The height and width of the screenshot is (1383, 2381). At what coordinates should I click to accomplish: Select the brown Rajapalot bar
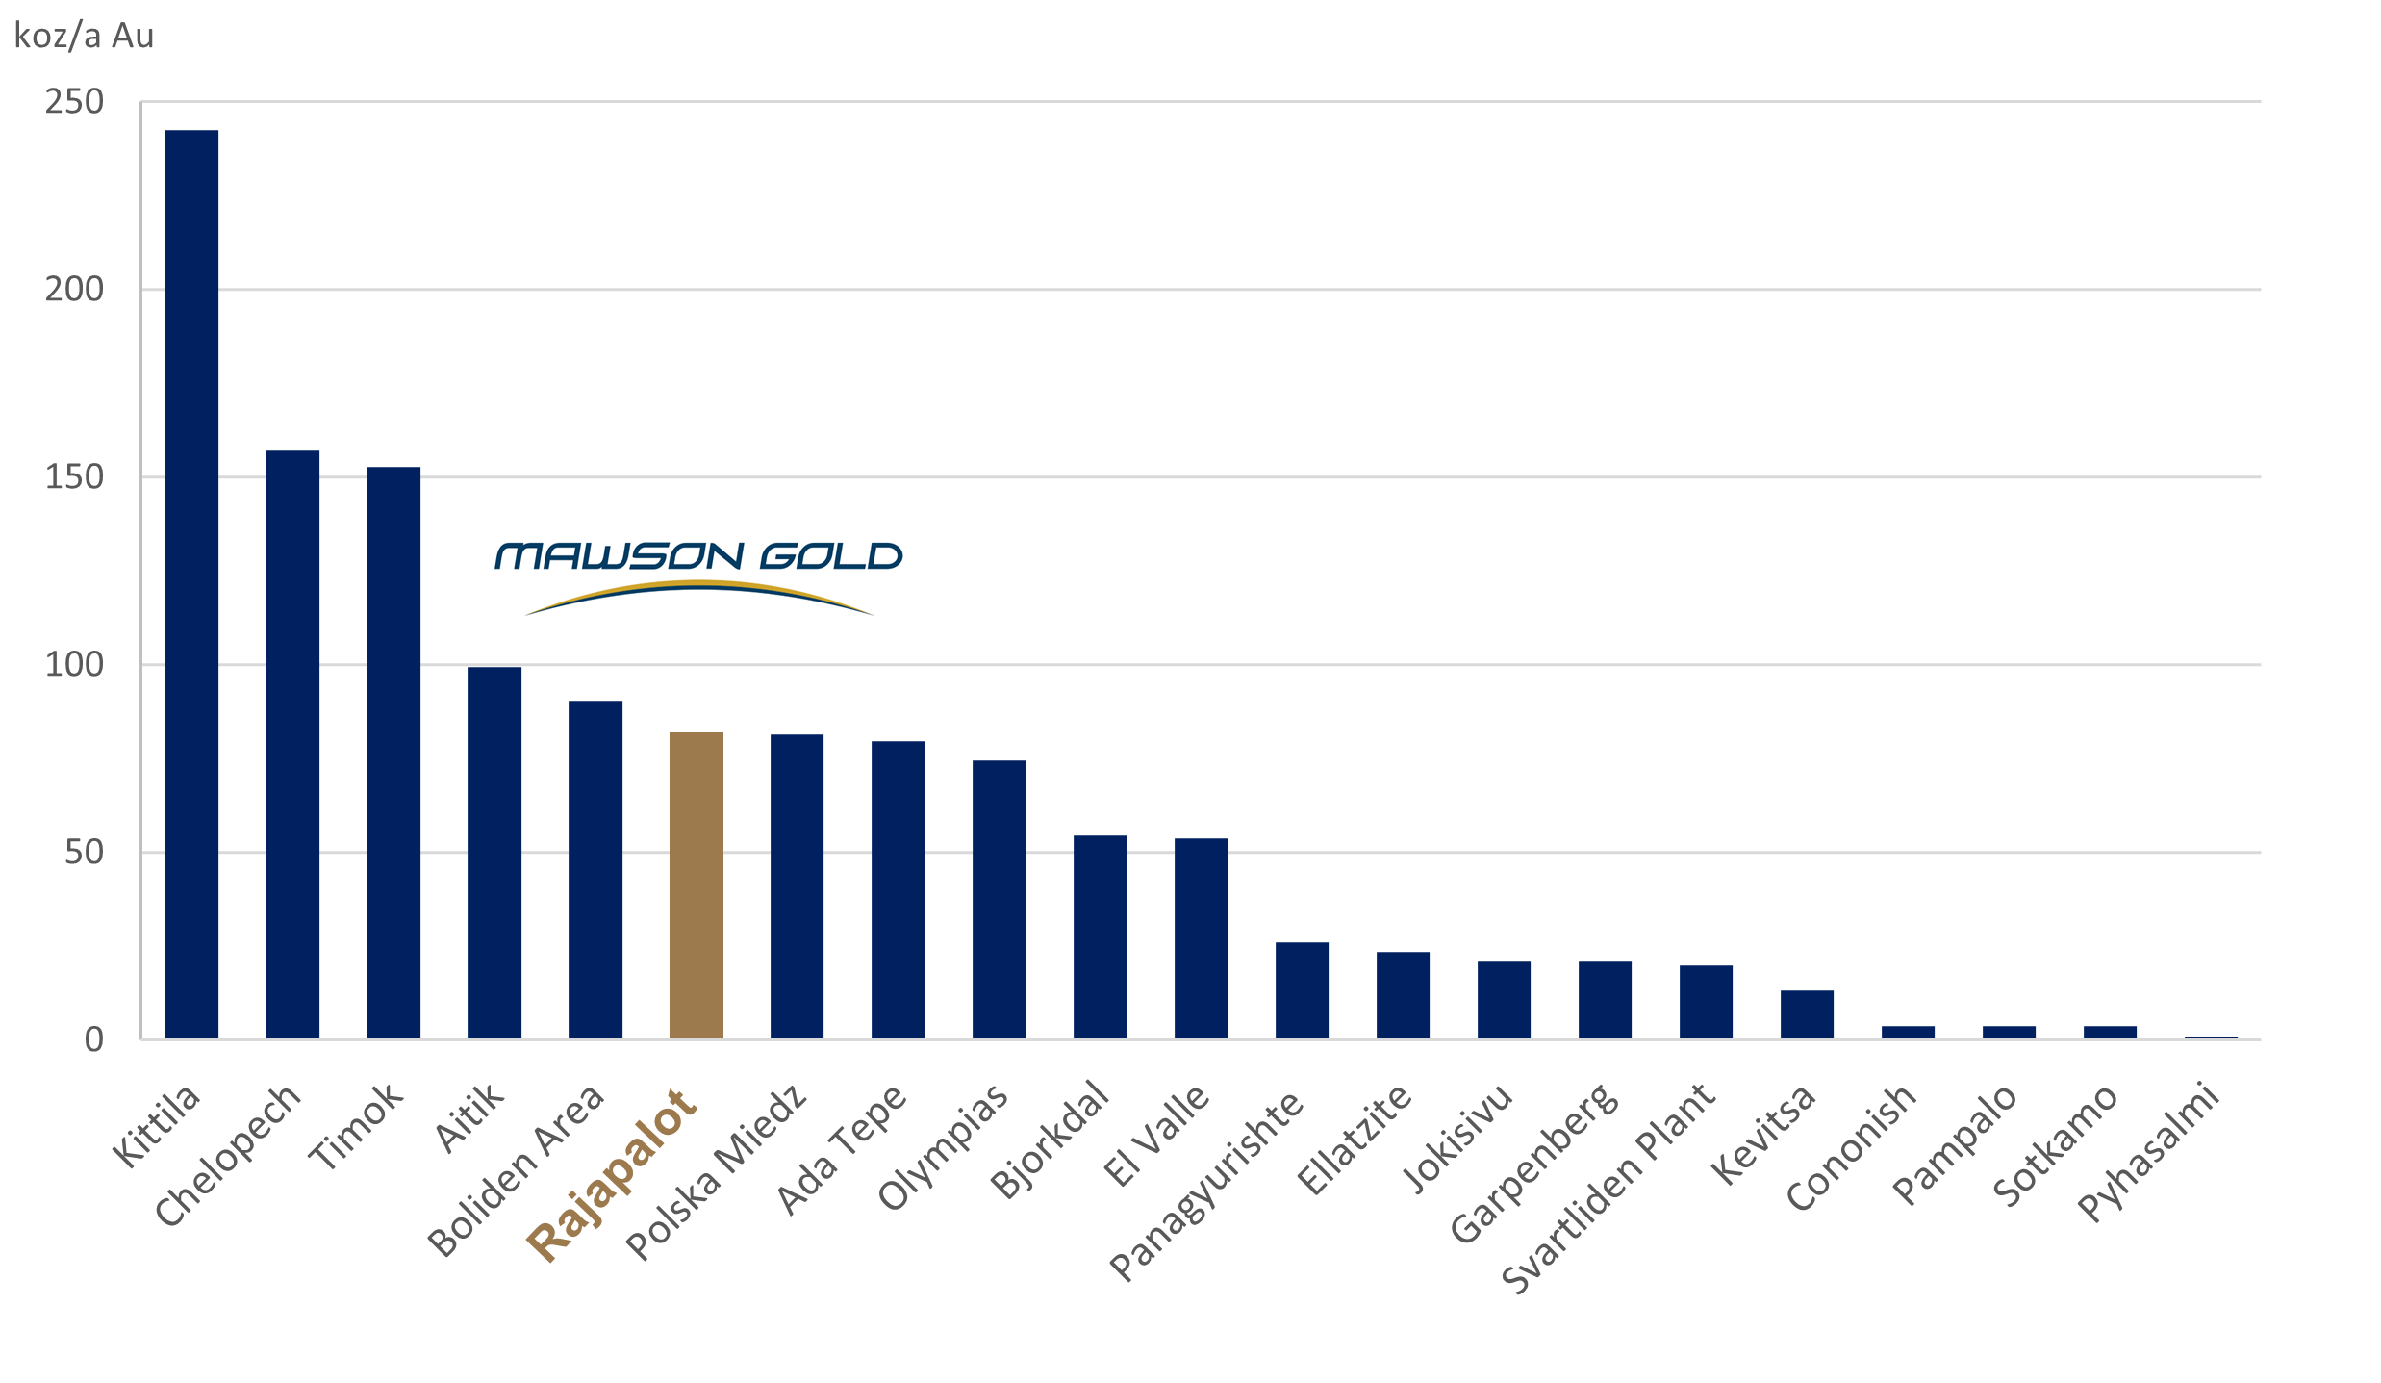pyautogui.click(x=696, y=885)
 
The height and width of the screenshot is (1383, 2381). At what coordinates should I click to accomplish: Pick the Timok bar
pyautogui.click(x=393, y=753)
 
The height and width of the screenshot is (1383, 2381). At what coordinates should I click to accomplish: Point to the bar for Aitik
pyautogui.click(x=494, y=853)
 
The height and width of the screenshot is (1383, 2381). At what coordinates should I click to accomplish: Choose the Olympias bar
pyautogui.click(x=999, y=899)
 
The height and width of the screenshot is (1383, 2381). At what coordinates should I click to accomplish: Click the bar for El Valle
pyautogui.click(x=1201, y=938)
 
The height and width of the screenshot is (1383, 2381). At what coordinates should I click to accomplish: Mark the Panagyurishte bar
pyautogui.click(x=1302, y=990)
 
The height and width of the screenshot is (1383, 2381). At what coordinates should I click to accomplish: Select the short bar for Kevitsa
pyautogui.click(x=1807, y=1014)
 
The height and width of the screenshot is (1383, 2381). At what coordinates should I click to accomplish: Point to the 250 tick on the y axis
pyautogui.click(x=74, y=102)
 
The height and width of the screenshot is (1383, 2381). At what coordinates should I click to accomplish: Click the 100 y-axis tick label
pyautogui.click(x=74, y=664)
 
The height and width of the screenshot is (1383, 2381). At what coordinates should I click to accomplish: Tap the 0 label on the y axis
pyautogui.click(x=93, y=1039)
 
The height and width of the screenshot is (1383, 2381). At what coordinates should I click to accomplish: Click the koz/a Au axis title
pyautogui.click(x=84, y=37)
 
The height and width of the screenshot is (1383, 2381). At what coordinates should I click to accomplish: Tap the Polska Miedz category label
pyautogui.click(x=717, y=1171)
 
